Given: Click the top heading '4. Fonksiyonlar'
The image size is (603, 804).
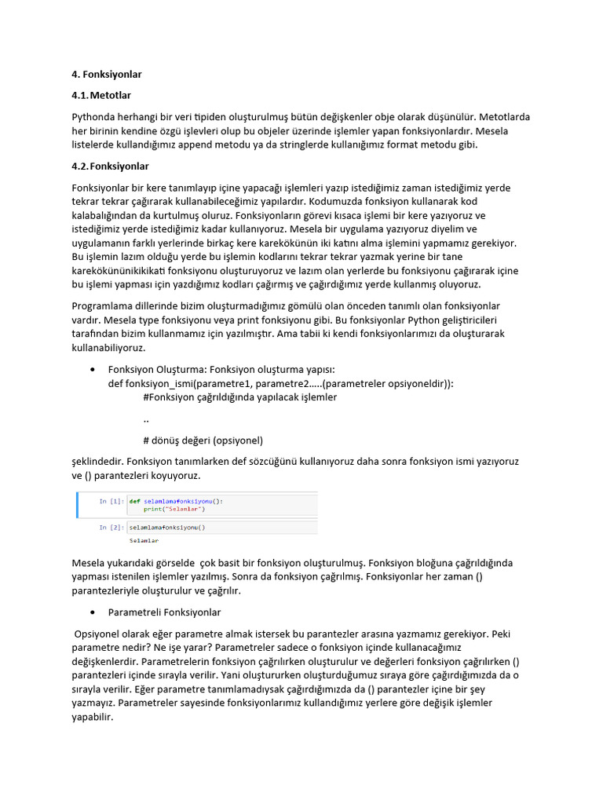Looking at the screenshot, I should [107, 75].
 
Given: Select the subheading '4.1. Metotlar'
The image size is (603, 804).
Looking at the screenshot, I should [101, 96].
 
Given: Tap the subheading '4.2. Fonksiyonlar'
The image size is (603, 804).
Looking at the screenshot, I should [110, 166].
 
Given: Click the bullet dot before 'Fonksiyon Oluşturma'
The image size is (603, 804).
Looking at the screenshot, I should [93, 370].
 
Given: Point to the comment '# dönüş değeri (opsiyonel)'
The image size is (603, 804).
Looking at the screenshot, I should [203, 440].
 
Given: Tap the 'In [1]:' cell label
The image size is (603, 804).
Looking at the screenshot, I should [111, 501].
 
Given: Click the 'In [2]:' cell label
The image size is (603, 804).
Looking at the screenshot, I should [111, 528].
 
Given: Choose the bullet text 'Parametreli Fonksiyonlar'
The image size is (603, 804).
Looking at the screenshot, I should [164, 612].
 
